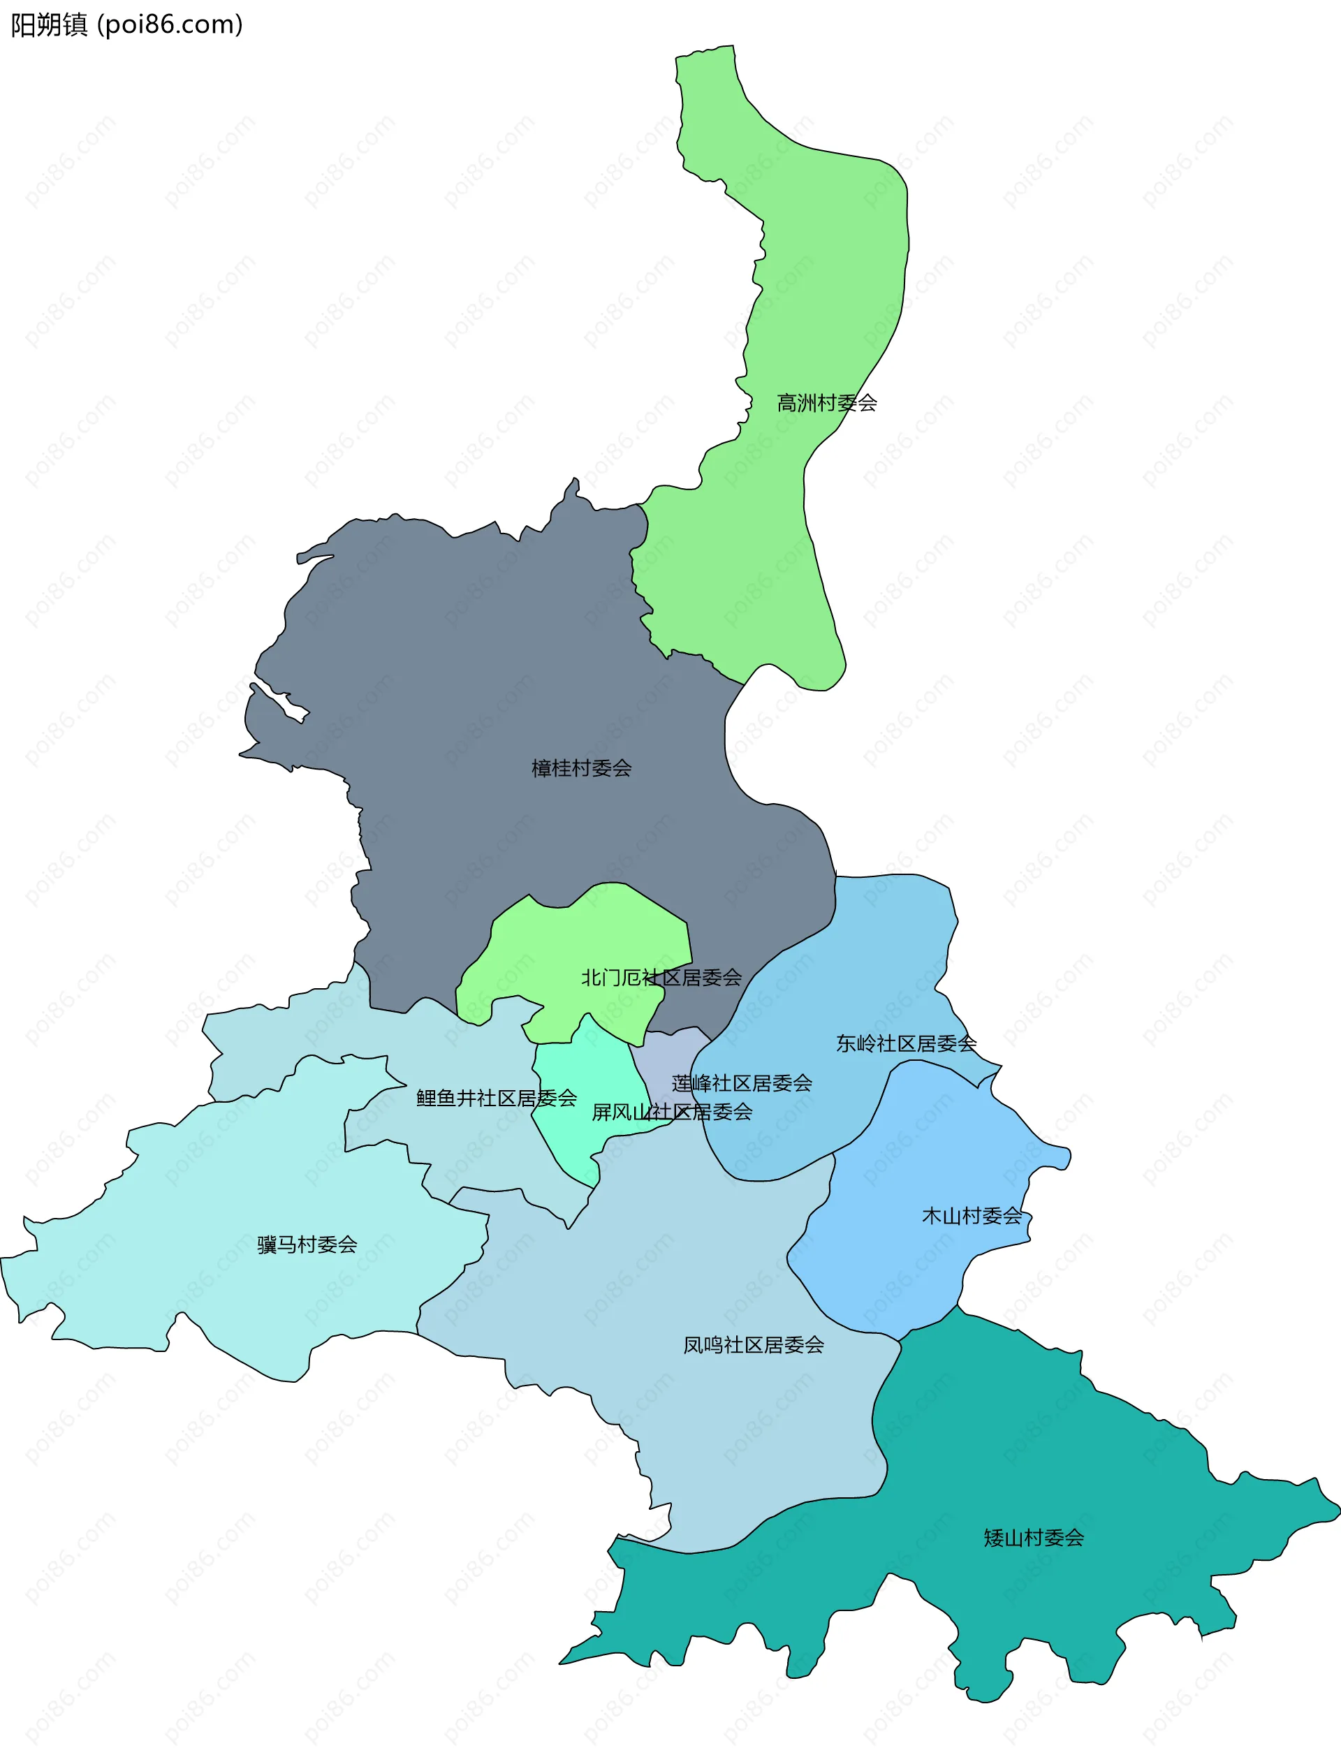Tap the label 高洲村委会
click(x=827, y=403)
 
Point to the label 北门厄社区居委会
click(x=661, y=977)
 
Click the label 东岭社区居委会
click(x=906, y=1043)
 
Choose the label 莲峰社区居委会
click(x=742, y=1083)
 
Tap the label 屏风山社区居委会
click(x=671, y=1112)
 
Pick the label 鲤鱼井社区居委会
click(x=497, y=1099)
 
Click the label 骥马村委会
click(x=307, y=1244)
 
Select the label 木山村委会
click(x=972, y=1216)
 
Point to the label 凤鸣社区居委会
click(x=753, y=1345)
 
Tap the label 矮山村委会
click(x=1033, y=1537)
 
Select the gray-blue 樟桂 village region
click(x=495, y=678)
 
